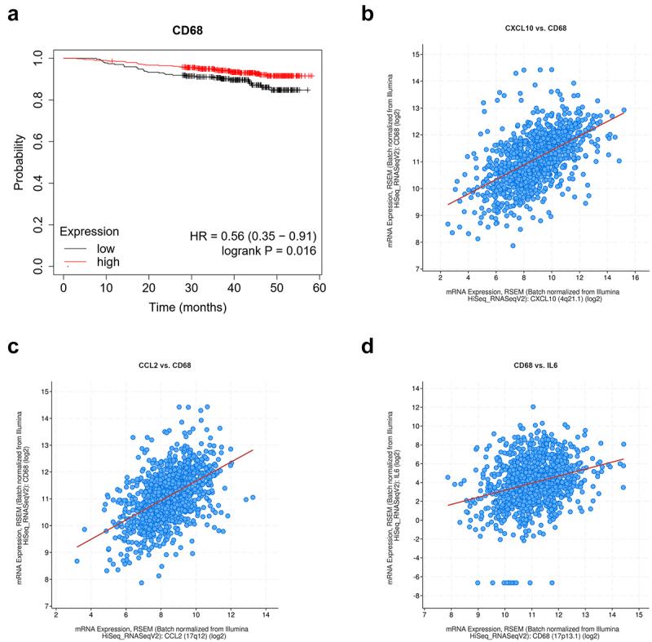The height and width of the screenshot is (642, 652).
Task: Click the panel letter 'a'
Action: tap(11, 14)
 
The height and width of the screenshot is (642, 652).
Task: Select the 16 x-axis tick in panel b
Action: tap(634, 277)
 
